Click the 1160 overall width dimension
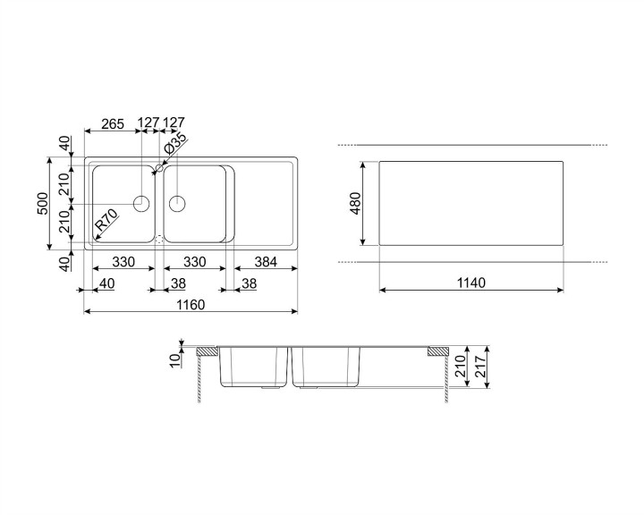pyautogui.click(x=190, y=305)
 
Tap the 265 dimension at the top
pyautogui.click(x=112, y=124)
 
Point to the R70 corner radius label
pyautogui.click(x=106, y=219)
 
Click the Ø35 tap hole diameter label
pyautogui.click(x=176, y=143)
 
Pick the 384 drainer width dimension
pyautogui.click(x=266, y=262)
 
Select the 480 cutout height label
pyautogui.click(x=354, y=204)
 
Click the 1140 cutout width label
pyautogui.click(x=470, y=283)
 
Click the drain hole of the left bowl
pyautogui.click(x=140, y=203)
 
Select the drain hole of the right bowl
pyautogui.click(x=177, y=203)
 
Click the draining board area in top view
pyautogui.click(x=264, y=203)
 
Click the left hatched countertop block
pyautogui.click(x=207, y=351)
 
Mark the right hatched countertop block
pyautogui.click(x=438, y=351)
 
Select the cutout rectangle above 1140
pyautogui.click(x=470, y=203)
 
